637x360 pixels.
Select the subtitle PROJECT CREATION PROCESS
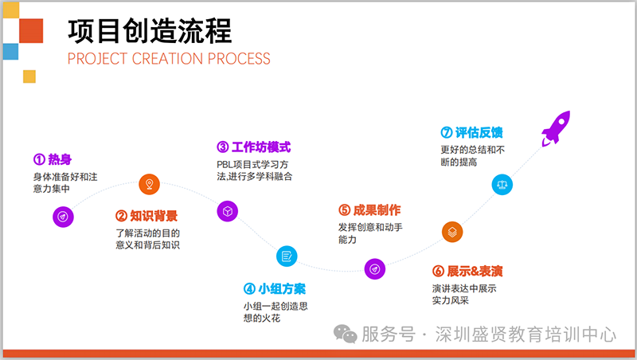tap(169, 58)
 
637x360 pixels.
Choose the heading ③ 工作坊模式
tap(253, 147)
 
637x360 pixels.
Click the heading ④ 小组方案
tap(275, 288)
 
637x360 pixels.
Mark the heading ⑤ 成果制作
tap(369, 210)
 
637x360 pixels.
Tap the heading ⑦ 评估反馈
tap(471, 132)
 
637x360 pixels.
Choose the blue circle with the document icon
tap(287, 256)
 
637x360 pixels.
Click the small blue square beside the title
tap(10, 52)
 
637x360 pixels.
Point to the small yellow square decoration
tap(29, 76)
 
